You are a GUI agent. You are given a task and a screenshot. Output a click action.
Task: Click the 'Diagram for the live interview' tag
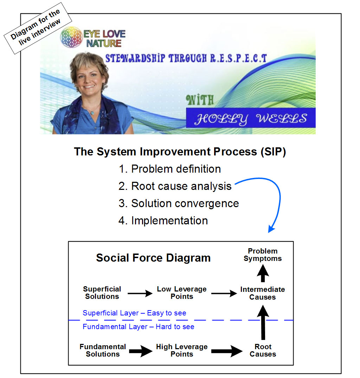coord(38,28)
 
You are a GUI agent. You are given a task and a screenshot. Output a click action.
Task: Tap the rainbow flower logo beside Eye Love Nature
coord(71,38)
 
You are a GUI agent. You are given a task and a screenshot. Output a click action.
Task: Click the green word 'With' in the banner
coord(200,100)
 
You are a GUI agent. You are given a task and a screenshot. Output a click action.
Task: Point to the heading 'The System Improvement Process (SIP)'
coord(180,152)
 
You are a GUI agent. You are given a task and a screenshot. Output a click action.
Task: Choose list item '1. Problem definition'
coord(170,169)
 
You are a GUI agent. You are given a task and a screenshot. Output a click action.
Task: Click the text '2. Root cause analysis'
coord(175,186)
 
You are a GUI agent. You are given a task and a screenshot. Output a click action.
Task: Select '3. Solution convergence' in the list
coord(179,203)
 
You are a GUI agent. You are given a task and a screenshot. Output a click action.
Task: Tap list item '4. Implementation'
coord(163,220)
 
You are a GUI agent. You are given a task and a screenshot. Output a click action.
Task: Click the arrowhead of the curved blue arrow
coord(271,229)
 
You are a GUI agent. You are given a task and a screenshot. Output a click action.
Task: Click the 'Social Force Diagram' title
coord(153,258)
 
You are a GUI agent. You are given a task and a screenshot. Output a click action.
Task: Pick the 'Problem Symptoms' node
coord(263,255)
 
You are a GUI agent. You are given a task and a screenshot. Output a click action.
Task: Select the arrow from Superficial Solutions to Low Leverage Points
coord(140,293)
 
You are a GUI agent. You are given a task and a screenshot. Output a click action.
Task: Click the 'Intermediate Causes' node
coord(263,293)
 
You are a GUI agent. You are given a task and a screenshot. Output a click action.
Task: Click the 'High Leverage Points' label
coord(182,350)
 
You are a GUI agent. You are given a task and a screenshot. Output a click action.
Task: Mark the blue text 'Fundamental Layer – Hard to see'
coord(139,327)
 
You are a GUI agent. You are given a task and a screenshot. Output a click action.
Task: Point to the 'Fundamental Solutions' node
coord(103,350)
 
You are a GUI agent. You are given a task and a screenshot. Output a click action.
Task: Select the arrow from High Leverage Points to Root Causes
coord(227,351)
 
